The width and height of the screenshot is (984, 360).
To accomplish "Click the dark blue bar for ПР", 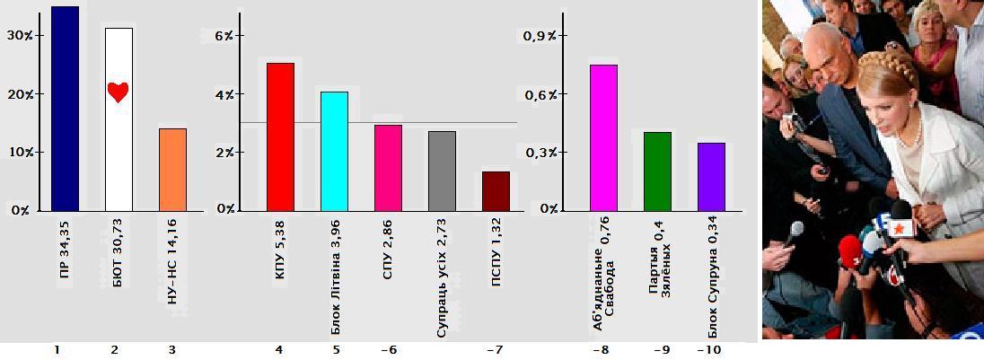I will [x=65, y=108].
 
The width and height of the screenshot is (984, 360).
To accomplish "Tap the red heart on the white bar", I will [x=119, y=92].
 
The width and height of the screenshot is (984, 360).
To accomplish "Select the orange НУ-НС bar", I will [x=172, y=170].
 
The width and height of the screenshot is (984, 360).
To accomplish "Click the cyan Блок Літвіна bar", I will [x=334, y=151].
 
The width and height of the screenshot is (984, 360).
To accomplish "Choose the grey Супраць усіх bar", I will [x=442, y=171].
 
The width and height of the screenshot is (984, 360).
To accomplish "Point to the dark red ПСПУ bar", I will [x=496, y=190].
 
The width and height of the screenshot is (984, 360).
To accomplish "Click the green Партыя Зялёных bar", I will [x=657, y=171].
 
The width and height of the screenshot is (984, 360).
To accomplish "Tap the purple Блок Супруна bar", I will [x=711, y=176].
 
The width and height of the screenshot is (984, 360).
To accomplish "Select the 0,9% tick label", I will [x=540, y=35].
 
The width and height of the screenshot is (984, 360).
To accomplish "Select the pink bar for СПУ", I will [x=388, y=167].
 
